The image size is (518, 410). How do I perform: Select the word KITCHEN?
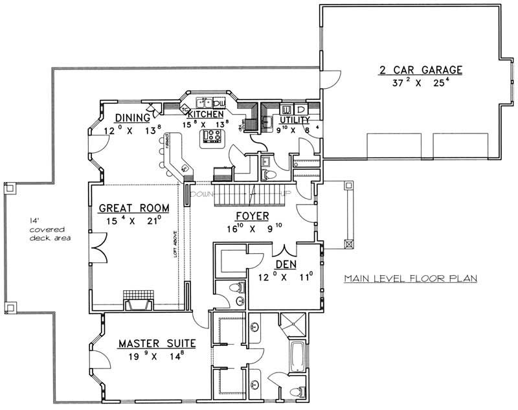pyautogui.click(x=206, y=114)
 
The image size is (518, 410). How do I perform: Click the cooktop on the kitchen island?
pyautogui.click(x=212, y=135)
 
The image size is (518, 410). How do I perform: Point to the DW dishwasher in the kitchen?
pyautogui.click(x=218, y=103)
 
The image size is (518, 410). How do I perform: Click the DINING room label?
pyautogui.click(x=132, y=118)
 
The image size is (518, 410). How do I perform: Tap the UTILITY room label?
pyautogui.click(x=294, y=120)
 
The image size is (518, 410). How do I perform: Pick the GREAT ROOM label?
pyautogui.click(x=133, y=209)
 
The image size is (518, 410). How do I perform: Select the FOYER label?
pyautogui.click(x=253, y=216)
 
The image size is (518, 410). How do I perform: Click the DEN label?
pyautogui.click(x=285, y=264)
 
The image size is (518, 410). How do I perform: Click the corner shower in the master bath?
pyautogui.click(x=296, y=325)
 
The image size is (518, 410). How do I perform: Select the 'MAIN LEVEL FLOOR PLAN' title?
pyautogui.click(x=410, y=279)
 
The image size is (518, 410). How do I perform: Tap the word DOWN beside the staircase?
pyautogui.click(x=202, y=194)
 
